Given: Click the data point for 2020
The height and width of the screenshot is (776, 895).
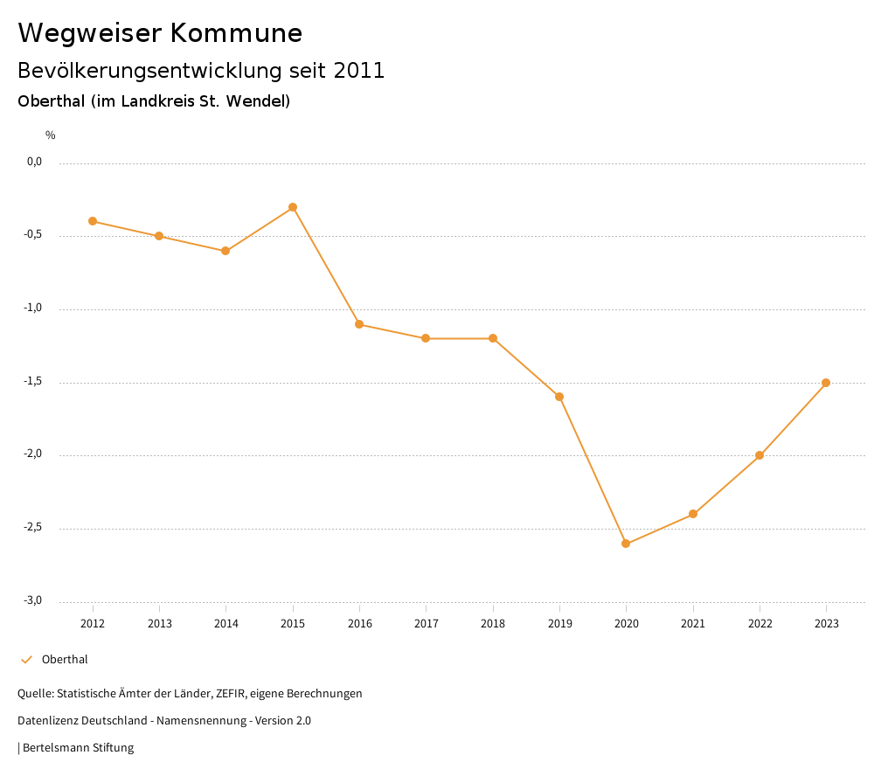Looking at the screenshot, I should (626, 544).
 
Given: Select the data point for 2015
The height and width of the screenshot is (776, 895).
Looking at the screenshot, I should (293, 207).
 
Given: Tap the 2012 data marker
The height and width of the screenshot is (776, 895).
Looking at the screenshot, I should (93, 221).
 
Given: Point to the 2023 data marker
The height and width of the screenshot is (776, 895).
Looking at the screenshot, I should (826, 383).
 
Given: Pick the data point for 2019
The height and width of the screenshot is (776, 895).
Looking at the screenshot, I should (559, 397).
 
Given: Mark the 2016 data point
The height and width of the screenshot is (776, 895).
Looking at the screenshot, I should (359, 324).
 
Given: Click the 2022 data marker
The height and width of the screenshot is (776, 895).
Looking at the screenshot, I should (760, 455).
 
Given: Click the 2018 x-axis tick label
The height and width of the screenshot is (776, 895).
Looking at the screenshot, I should (493, 624).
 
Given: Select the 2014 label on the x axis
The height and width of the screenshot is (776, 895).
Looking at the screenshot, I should (226, 624).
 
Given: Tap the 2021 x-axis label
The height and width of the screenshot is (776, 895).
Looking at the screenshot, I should (693, 624).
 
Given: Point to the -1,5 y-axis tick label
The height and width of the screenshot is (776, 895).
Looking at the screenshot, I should (32, 382).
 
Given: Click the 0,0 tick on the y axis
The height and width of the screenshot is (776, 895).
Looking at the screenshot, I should (34, 162).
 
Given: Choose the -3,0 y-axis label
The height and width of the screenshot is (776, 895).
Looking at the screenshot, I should (32, 601).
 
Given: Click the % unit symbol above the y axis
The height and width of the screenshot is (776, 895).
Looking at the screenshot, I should (51, 135).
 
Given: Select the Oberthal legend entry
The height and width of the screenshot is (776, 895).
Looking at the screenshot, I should (65, 660).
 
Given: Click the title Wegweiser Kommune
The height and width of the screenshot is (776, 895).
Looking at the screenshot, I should (160, 33).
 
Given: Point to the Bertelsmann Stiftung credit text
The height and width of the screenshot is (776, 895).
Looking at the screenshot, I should (78, 748).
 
